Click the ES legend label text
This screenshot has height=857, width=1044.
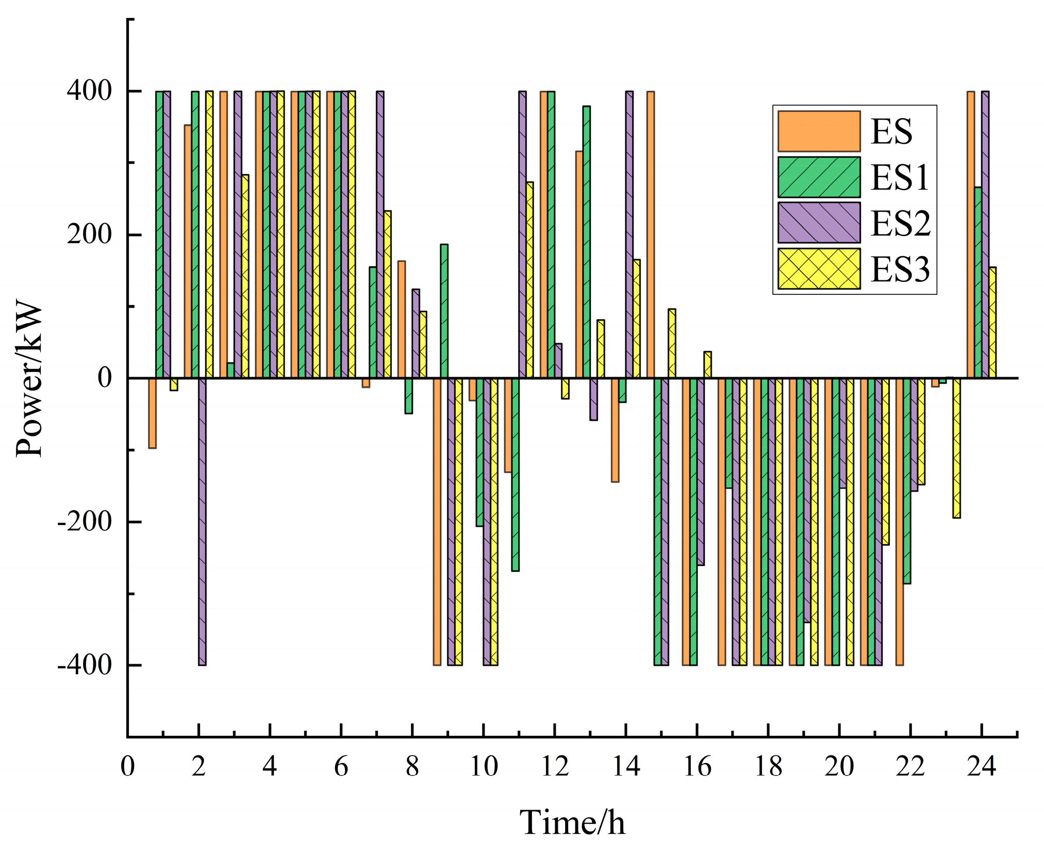point(891,131)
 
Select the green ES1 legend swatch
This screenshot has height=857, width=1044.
point(819,177)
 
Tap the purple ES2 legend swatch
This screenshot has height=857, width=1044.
point(819,223)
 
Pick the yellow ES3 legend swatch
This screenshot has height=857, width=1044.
point(819,268)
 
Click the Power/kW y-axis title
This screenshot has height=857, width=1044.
point(29,379)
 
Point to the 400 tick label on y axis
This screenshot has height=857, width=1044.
point(89,91)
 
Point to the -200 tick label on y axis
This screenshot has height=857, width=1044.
point(85,522)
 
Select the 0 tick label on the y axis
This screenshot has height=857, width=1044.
point(105,378)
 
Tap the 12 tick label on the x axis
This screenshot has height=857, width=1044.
point(555,766)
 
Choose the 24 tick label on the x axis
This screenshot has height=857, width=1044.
point(982,766)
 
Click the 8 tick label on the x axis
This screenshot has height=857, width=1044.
point(412,766)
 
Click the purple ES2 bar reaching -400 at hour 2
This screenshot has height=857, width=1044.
point(202,520)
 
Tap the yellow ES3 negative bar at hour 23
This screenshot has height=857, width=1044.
point(956,448)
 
